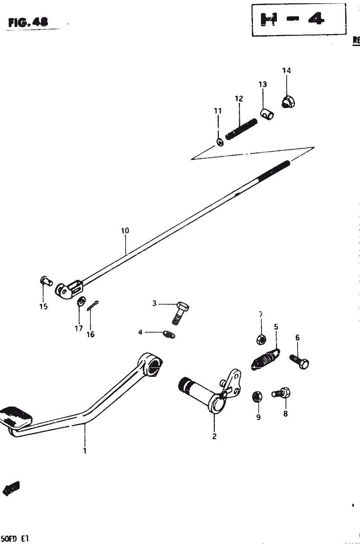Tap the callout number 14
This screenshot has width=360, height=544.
[287, 70]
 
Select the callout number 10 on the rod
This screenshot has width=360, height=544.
[125, 231]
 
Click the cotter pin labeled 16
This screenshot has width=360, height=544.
[94, 306]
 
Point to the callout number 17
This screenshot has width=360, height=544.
[79, 328]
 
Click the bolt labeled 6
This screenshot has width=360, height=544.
[300, 360]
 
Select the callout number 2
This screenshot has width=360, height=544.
[214, 436]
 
